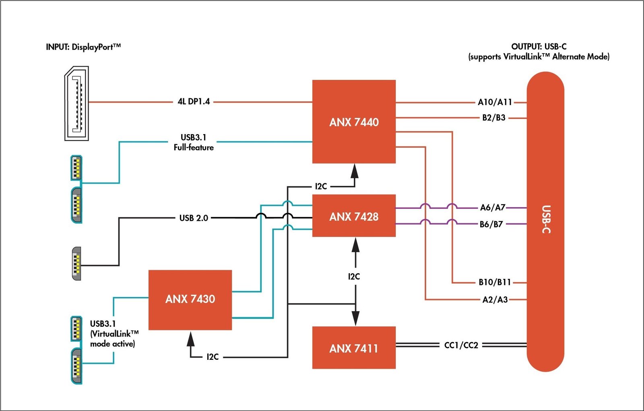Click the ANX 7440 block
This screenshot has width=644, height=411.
pyautogui.click(x=354, y=122)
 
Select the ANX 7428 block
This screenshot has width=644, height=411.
pyautogui.click(x=354, y=216)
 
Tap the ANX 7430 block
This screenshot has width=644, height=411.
pyautogui.click(x=190, y=299)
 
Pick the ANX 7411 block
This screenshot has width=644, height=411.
pyautogui.click(x=354, y=348)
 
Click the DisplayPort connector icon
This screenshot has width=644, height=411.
pyautogui.click(x=77, y=103)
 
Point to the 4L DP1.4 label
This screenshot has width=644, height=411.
pyautogui.click(x=194, y=102)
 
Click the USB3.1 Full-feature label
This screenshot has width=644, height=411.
pyautogui.click(x=194, y=142)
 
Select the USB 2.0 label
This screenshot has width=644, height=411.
pyautogui.click(x=194, y=218)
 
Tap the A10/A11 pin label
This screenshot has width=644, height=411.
pyautogui.click(x=495, y=102)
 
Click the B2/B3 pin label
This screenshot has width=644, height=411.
pyautogui.click(x=494, y=118)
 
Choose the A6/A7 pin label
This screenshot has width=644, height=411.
pyautogui.click(x=493, y=208)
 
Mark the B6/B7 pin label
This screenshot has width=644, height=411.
pyautogui.click(x=491, y=224)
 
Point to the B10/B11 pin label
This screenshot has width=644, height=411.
pyautogui.click(x=495, y=282)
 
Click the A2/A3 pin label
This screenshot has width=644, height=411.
pyautogui.click(x=495, y=299)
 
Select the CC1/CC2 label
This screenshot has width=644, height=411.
pyautogui.click(x=461, y=345)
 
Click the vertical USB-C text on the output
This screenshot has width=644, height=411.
pyautogui.click(x=546, y=220)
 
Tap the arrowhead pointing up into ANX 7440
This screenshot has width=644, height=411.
pyautogui.click(x=354, y=171)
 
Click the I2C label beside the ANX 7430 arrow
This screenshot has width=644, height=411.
pyautogui.click(x=213, y=357)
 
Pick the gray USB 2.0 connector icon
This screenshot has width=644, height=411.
pyautogui.click(x=76, y=264)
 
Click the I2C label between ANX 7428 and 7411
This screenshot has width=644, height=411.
pyautogui.click(x=354, y=276)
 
